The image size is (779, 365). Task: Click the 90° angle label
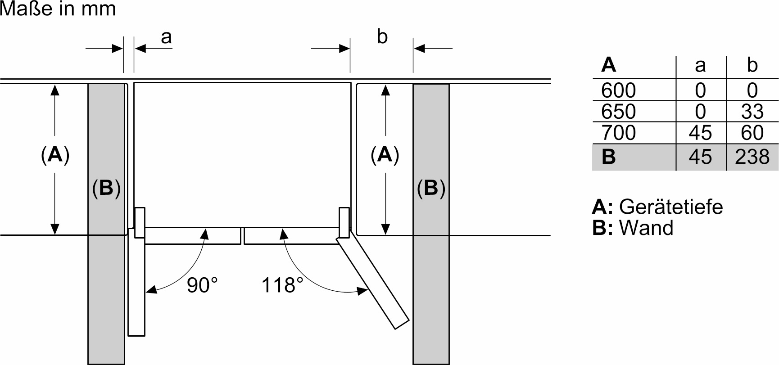click(x=202, y=285)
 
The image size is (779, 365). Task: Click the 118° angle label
click(x=282, y=285)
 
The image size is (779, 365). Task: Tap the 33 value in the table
click(x=752, y=111)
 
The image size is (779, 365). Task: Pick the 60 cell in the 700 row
click(x=752, y=133)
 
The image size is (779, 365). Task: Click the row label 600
click(x=618, y=90)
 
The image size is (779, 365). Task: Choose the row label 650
click(x=618, y=111)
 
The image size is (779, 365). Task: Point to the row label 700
click(x=618, y=133)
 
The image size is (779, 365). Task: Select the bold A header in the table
click(x=608, y=65)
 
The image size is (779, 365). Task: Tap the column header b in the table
click(x=752, y=65)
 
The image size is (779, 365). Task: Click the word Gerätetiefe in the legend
click(x=671, y=207)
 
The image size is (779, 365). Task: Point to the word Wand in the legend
click(x=646, y=228)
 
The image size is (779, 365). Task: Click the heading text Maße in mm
click(x=58, y=9)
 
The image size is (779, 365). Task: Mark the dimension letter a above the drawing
click(x=166, y=37)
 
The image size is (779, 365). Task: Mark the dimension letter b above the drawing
click(x=382, y=37)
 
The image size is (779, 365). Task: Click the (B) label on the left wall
click(x=106, y=188)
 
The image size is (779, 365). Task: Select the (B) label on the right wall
click(x=431, y=188)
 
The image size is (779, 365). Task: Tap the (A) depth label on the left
click(x=55, y=155)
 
